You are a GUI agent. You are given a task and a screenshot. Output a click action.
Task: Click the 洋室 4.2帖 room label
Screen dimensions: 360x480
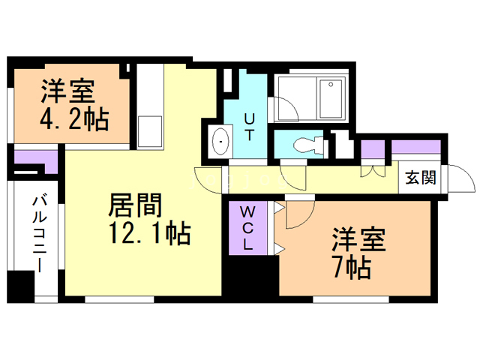click(73, 106)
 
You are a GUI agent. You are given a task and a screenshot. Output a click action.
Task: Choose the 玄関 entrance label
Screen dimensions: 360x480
click(421, 178)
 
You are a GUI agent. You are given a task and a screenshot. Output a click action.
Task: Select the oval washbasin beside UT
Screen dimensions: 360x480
click(221, 142)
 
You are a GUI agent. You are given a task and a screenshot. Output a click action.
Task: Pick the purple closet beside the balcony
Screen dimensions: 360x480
click(34, 159)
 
